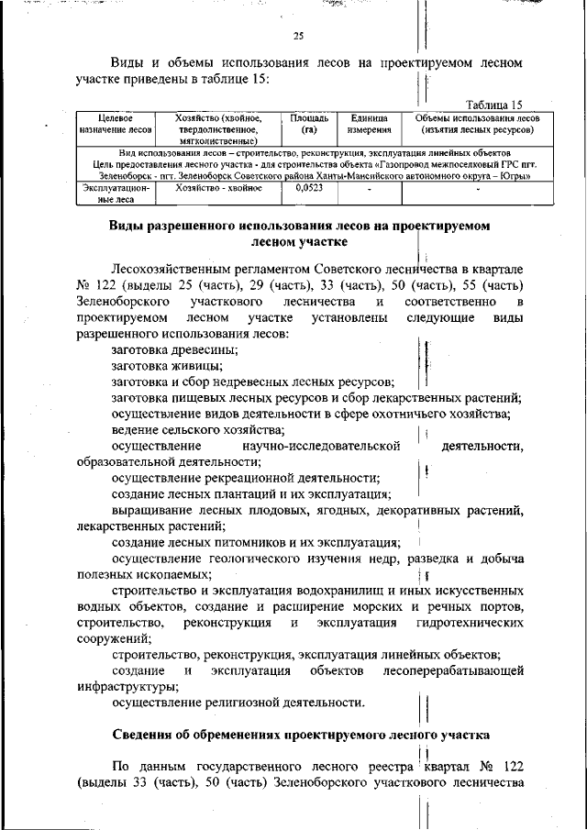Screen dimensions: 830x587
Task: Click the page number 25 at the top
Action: pyautogui.click(x=297, y=37)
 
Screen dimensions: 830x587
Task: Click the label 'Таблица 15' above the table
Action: pyautogui.click(x=494, y=105)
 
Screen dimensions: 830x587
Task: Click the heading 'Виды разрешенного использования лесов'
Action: pyautogui.click(x=299, y=226)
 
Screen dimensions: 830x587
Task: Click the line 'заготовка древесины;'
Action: pyautogui.click(x=175, y=349)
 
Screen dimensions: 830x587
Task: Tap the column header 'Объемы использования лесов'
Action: pyautogui.click(x=477, y=118)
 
